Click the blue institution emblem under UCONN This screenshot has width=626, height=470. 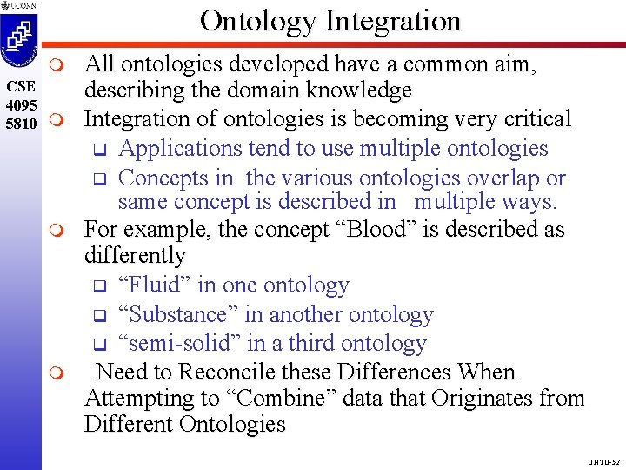pos(20,42)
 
